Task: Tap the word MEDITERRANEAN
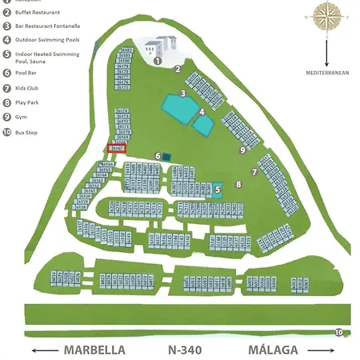(x=327, y=72)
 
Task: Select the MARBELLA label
(x=94, y=350)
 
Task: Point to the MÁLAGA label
(x=273, y=350)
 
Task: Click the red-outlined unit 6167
(x=118, y=148)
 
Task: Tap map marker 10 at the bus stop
(x=339, y=332)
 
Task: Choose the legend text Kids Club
(x=31, y=90)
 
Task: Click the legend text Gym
(x=22, y=117)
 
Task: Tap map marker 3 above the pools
(x=182, y=94)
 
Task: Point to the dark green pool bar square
(x=166, y=156)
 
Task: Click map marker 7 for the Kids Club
(x=254, y=171)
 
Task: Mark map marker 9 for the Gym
(x=241, y=149)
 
